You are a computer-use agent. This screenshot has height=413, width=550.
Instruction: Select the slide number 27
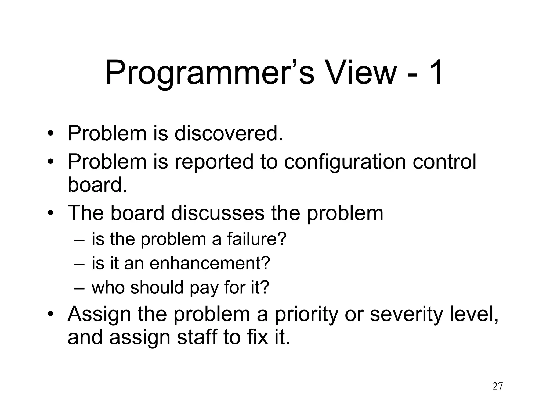497,386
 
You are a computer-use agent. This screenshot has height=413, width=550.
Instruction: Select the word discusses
218,213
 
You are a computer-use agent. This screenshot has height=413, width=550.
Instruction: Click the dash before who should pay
79,288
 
